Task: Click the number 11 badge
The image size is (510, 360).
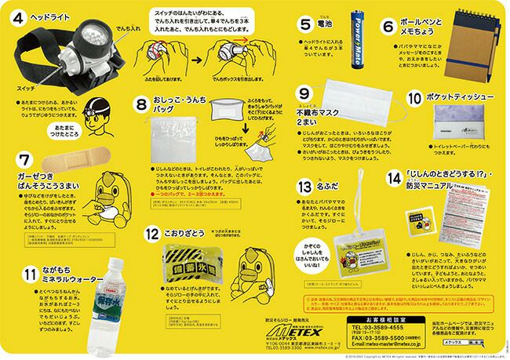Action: click(29, 275)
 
